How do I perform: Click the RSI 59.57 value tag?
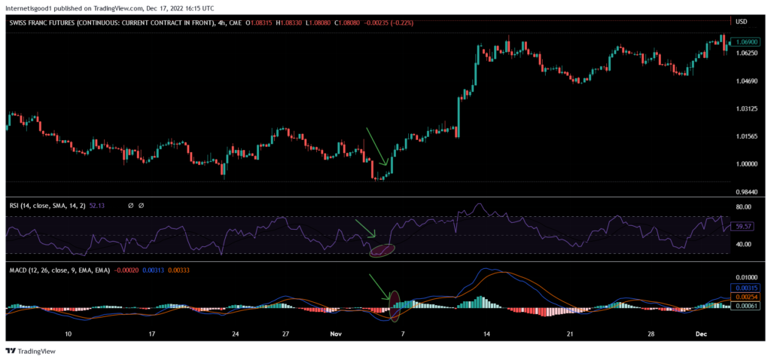[x=743, y=225]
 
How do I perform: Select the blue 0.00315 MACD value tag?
[x=745, y=288]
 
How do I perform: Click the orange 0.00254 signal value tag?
[x=745, y=297]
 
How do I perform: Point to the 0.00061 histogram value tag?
[x=745, y=306]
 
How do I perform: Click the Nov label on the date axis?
[x=336, y=333]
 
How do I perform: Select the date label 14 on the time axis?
[x=487, y=333]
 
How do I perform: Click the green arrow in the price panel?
[x=376, y=146]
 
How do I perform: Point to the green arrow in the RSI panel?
[x=365, y=228]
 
